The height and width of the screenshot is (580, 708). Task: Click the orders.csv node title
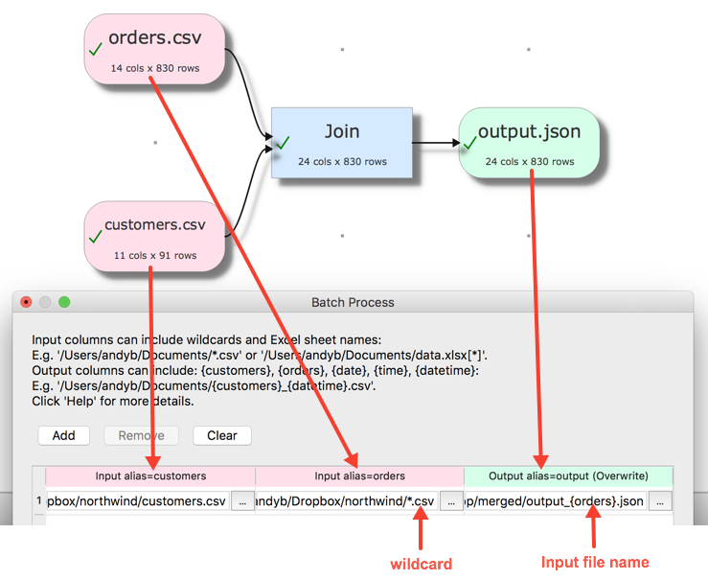155,39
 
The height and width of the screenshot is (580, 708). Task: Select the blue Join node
342,142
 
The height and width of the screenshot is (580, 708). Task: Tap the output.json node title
529,132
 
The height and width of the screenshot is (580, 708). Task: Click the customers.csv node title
155,225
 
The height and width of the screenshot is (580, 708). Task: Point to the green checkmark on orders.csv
95,50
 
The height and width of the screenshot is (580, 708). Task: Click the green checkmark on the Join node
283,143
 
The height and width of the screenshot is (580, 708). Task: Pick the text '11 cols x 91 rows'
155,255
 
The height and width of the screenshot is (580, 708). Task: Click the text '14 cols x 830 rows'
155,68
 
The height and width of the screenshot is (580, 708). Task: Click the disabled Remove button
142,435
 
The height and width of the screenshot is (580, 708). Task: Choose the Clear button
221,435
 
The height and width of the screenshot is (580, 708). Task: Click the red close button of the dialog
26,302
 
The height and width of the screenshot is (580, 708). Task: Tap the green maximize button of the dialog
64,302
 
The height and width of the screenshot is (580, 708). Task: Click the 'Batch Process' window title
353,302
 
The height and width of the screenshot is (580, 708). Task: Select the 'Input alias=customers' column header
150,476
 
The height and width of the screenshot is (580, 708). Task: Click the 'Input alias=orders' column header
359,476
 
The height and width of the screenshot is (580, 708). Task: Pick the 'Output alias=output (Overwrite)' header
568,476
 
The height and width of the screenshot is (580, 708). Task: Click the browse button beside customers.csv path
241,500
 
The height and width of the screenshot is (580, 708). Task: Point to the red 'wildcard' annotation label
421,563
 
